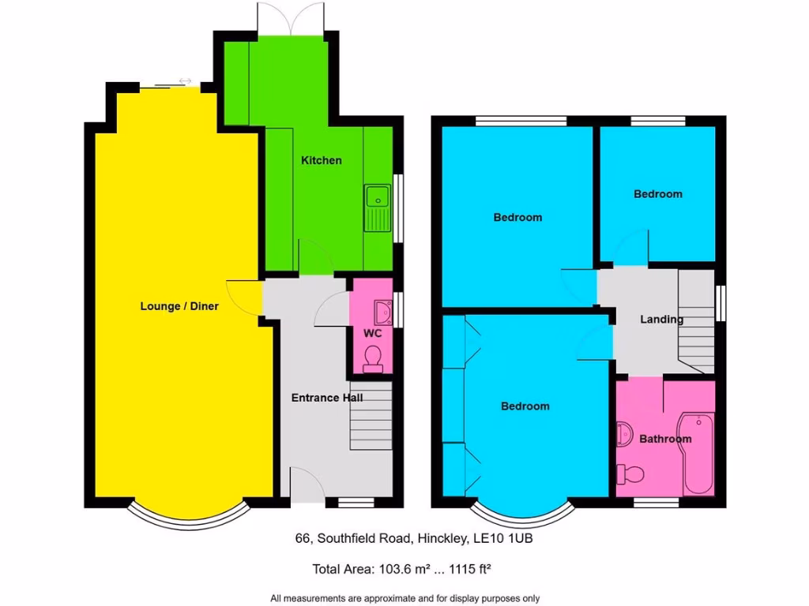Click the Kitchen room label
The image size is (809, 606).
tap(322, 160)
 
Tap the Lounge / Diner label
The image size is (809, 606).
tap(179, 306)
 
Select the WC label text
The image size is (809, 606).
tap(373, 334)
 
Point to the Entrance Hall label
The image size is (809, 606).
tap(326, 398)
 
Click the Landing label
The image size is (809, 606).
tap(661, 320)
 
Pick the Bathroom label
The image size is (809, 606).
tap(665, 439)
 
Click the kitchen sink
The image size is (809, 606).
tap(378, 208)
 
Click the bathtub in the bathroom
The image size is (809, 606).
tap(699, 454)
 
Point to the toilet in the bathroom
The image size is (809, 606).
tap(630, 474)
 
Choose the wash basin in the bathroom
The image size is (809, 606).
tap(625, 433)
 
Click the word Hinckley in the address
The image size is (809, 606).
tap(442, 539)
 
